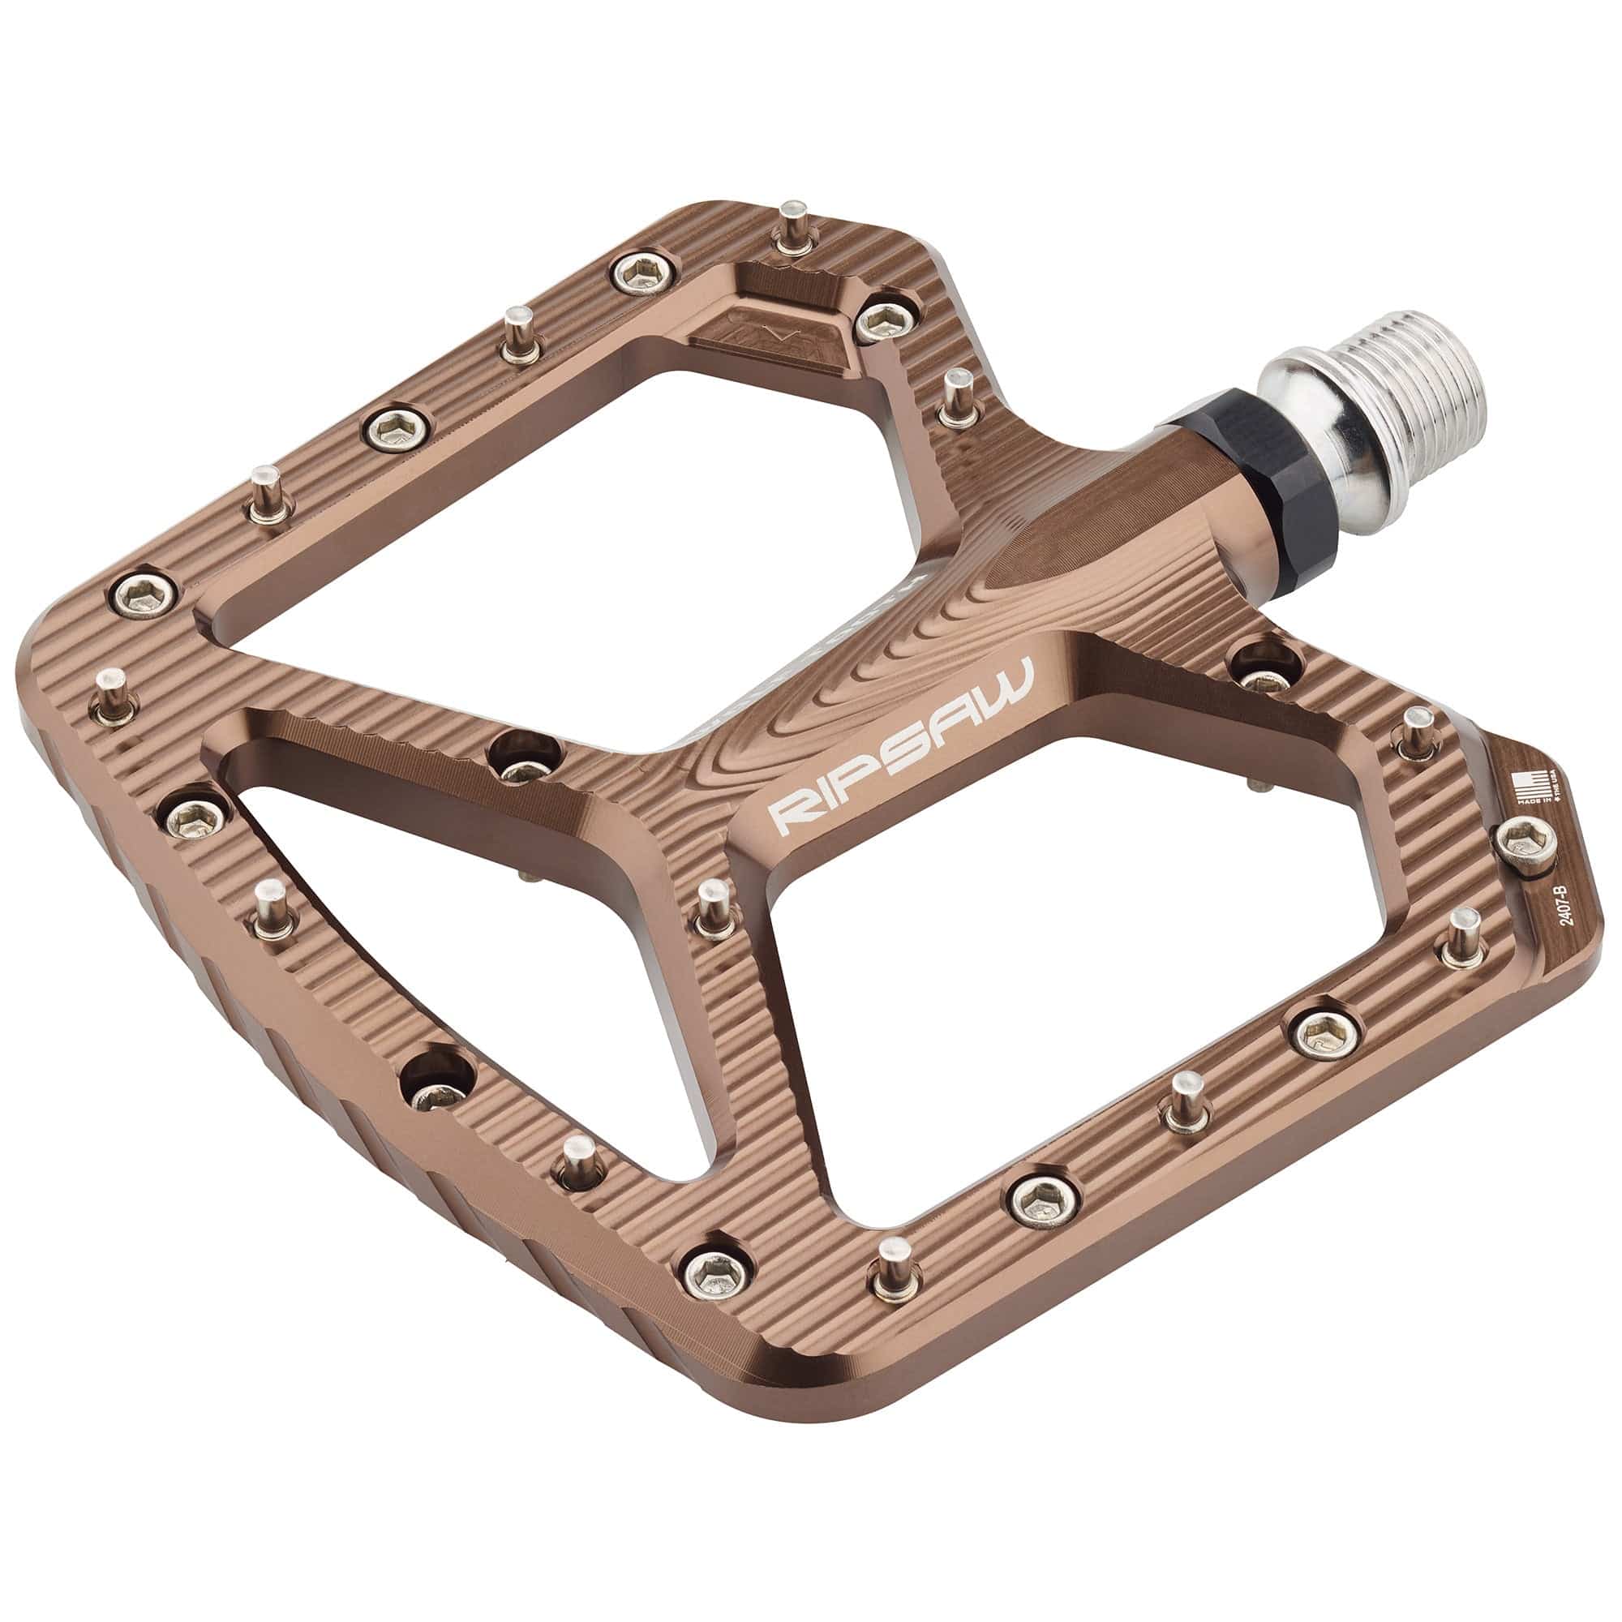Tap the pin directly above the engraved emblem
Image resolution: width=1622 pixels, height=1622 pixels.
pos(790,227)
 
